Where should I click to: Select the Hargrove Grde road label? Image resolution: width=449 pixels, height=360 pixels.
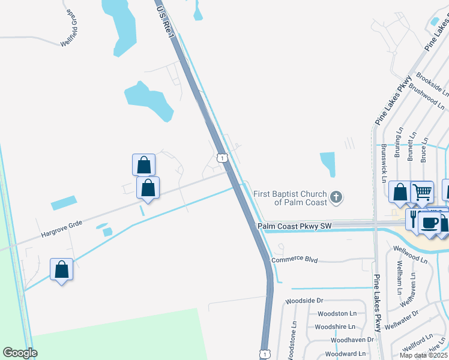(61, 225)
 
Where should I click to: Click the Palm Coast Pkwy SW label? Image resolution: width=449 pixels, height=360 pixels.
(294, 226)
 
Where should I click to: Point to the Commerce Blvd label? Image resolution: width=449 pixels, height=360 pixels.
(294, 260)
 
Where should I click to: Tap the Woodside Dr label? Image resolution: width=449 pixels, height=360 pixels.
(304, 300)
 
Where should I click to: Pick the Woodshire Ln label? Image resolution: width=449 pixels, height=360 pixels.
(335, 326)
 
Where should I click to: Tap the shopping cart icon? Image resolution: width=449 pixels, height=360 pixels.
(422, 191)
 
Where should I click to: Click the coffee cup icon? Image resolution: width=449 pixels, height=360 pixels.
(429, 223)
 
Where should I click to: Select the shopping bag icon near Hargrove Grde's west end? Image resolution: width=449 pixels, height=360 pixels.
(62, 269)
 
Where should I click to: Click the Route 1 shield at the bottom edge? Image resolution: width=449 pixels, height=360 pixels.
(264, 354)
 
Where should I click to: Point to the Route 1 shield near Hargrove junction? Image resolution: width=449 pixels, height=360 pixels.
(223, 158)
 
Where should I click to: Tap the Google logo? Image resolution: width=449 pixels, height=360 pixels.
(20, 352)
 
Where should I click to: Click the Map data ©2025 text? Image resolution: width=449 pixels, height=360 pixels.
(424, 355)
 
